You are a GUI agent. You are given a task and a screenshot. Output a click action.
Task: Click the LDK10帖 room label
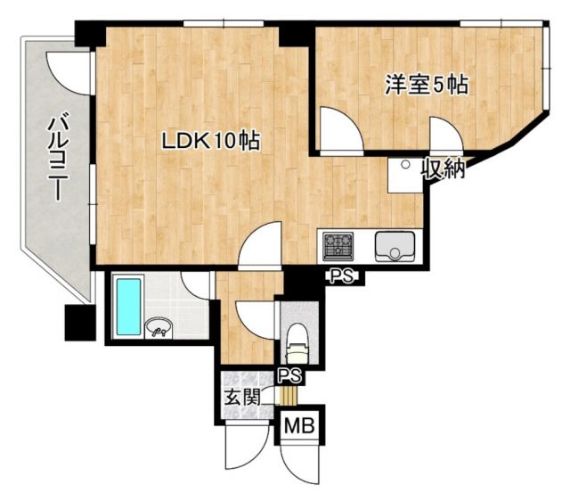coord(210,141)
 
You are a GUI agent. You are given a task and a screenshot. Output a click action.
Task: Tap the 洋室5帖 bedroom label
coord(427,86)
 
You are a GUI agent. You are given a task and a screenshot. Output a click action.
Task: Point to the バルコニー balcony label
coord(60,154)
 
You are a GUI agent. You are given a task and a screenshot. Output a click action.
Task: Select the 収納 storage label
coord(444,168)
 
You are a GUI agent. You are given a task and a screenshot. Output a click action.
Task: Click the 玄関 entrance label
coord(240,398)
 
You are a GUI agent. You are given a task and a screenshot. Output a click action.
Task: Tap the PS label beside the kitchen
coord(340,276)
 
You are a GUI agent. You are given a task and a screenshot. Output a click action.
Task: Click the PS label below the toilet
coord(288,374)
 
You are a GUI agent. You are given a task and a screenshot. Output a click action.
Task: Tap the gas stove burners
coord(339,243)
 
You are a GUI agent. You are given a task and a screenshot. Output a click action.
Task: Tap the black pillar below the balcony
coord(77,321)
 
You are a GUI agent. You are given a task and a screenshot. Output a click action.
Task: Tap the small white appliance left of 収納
coord(404,175)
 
